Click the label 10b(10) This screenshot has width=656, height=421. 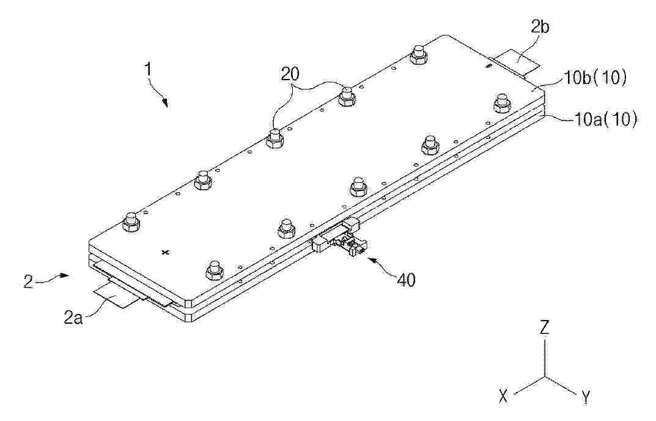(x=596, y=79)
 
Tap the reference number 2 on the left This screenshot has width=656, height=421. (x=28, y=281)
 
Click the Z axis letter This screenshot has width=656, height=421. (x=544, y=327)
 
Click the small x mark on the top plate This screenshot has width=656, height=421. (x=166, y=251)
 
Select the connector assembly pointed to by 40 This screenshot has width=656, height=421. (x=340, y=238)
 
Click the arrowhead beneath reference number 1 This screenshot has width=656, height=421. (x=166, y=103)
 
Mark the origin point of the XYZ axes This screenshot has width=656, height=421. (x=544, y=376)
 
